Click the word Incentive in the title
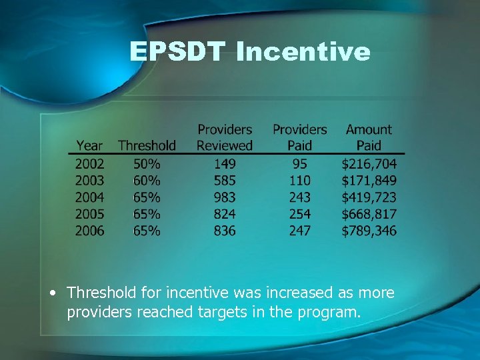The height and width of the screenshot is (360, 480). point(303,51)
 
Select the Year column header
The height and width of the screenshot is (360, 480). point(89,145)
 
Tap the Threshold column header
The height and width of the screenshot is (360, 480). point(147,145)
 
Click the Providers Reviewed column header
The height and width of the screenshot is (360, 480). point(225,137)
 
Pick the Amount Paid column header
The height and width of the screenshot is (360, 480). point(369,137)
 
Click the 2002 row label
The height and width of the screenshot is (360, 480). point(90,163)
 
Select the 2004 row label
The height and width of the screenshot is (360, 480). point(90,197)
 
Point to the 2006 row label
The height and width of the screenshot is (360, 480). point(90,231)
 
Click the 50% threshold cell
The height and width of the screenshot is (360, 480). point(146,163)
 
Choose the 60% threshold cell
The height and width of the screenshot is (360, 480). point(146,180)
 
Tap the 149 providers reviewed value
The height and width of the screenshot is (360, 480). point(225,163)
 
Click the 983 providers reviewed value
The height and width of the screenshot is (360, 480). point(225,197)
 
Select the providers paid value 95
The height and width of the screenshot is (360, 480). point(300,163)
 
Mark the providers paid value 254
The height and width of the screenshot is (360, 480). point(300,214)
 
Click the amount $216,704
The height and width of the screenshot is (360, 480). point(369,163)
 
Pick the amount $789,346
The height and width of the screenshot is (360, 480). point(369,231)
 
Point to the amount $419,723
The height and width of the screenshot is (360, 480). point(369,197)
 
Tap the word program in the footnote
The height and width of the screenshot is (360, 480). point(329,311)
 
